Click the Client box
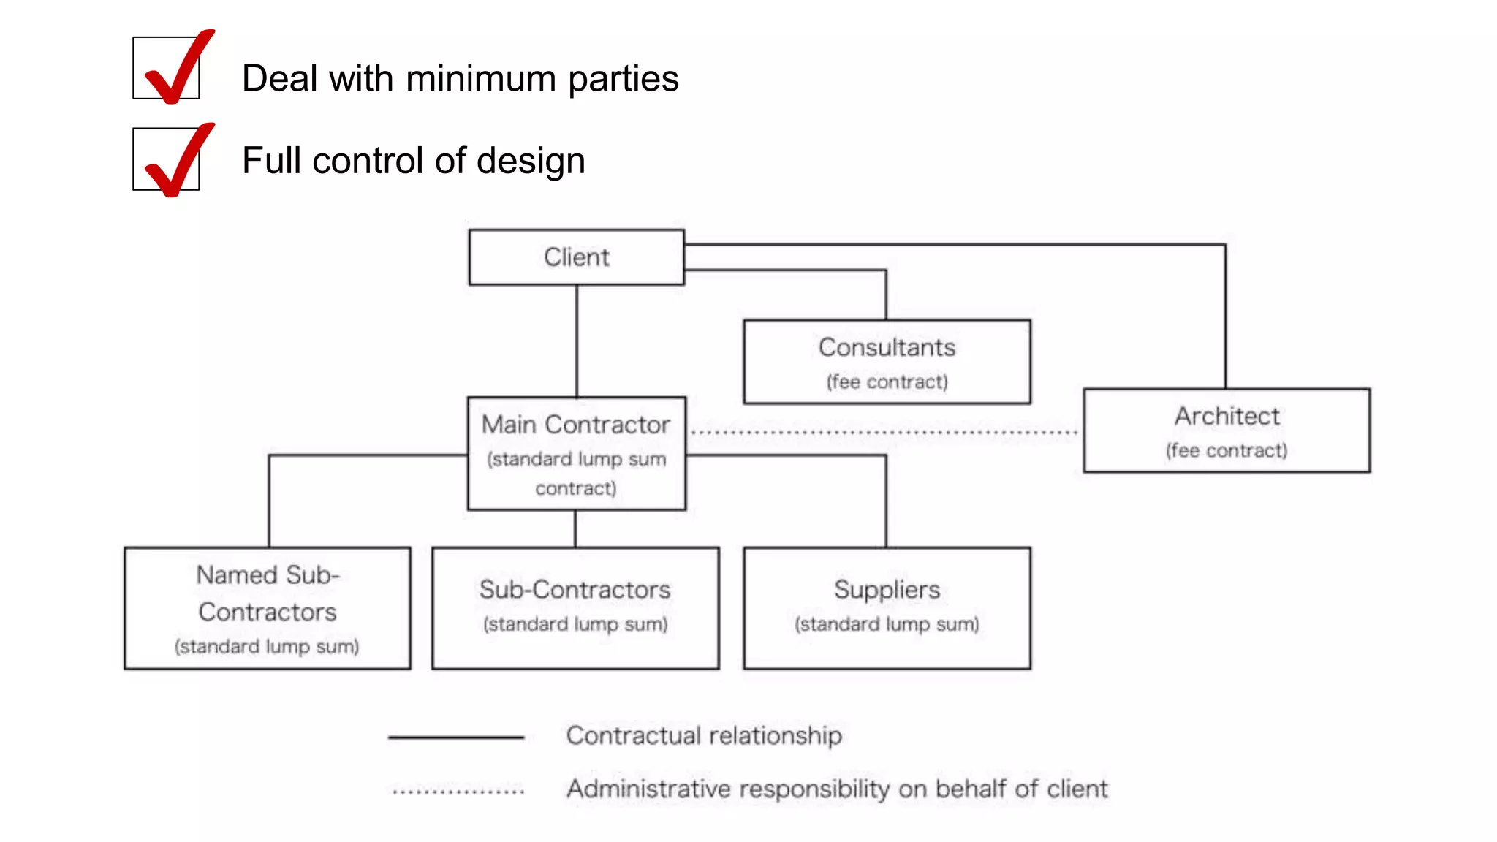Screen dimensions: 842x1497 pyautogui.click(x=576, y=257)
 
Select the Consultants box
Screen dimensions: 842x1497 pyautogui.click(x=887, y=361)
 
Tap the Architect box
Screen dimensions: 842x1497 pyautogui.click(x=1227, y=430)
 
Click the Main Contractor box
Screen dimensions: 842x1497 pyautogui.click(x=576, y=453)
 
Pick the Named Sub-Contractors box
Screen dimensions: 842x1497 pyautogui.click(x=268, y=607)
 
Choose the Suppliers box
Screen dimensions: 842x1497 pyautogui.click(x=887, y=607)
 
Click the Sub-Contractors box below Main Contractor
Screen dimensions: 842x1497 pyautogui.click(x=575, y=607)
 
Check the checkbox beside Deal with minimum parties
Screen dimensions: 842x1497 pyautogui.click(x=166, y=68)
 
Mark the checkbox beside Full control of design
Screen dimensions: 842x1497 pyautogui.click(x=166, y=159)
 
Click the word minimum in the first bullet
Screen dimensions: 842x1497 pyautogui.click(x=480, y=79)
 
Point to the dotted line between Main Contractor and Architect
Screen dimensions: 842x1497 pyautogui.click(x=884, y=433)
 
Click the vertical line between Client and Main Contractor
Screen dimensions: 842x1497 pyautogui.click(x=577, y=340)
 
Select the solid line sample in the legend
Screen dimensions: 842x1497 pyautogui.click(x=456, y=737)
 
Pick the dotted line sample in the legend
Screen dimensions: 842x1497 pyautogui.click(x=458, y=791)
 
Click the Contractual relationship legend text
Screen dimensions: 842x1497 pyautogui.click(x=704, y=735)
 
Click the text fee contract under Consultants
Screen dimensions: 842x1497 pyautogui.click(x=887, y=382)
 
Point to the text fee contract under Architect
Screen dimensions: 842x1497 pyautogui.click(x=1227, y=450)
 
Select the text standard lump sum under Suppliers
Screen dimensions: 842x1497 pyautogui.click(x=887, y=624)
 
